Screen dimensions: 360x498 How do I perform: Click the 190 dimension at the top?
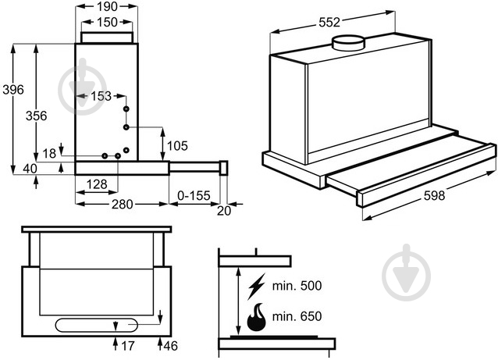(106, 7)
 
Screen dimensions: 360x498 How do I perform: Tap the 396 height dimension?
(12, 89)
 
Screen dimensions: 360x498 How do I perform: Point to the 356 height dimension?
(37, 116)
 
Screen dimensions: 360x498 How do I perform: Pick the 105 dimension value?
(178, 145)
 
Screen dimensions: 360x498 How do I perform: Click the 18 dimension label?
(49, 154)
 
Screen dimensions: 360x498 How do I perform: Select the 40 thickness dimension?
(30, 168)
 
